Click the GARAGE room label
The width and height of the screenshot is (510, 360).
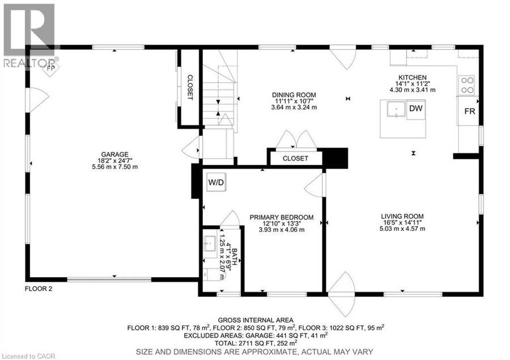(x=115, y=154)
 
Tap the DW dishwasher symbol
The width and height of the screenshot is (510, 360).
(x=416, y=109)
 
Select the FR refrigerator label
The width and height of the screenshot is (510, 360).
(x=470, y=111)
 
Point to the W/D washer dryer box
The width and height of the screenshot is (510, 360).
(x=216, y=183)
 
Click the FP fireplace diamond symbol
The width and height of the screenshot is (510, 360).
(x=51, y=69)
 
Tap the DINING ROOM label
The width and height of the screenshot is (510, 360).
(x=294, y=95)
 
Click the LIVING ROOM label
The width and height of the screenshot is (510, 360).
(x=402, y=216)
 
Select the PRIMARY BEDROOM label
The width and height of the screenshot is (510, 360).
(x=282, y=217)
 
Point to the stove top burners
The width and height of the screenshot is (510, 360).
(x=466, y=85)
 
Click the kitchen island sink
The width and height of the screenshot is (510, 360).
(x=396, y=109)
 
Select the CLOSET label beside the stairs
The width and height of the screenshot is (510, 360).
(x=190, y=87)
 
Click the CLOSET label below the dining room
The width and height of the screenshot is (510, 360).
(x=295, y=159)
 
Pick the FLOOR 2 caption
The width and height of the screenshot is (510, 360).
(x=39, y=289)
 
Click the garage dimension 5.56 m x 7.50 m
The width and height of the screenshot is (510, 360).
(x=115, y=167)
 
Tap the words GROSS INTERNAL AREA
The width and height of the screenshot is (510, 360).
(x=256, y=320)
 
